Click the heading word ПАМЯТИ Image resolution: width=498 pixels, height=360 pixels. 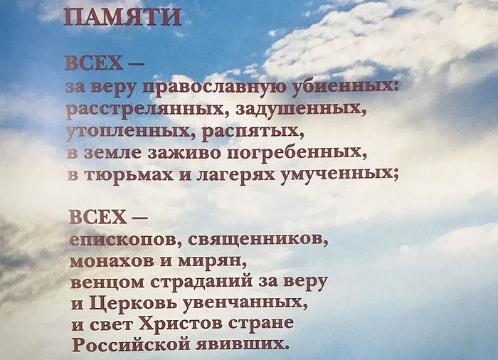122,17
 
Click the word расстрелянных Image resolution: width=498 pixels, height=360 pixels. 148,110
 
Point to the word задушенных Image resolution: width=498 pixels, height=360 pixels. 300,110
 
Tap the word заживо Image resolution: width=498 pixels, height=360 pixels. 184,152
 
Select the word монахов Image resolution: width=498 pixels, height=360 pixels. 114,260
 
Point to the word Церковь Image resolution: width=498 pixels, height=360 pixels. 134,303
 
